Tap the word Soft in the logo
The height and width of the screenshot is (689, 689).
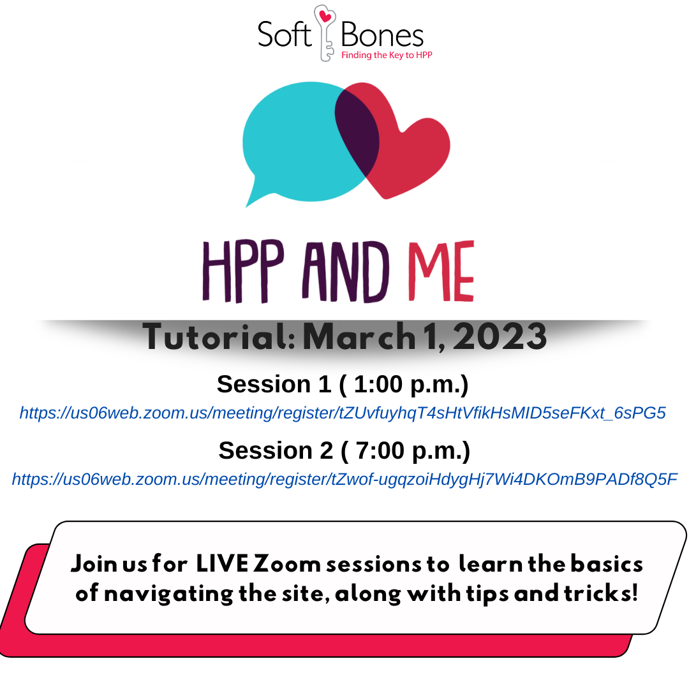284,34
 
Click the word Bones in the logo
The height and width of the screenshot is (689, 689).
382,34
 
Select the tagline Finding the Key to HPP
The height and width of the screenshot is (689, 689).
387,56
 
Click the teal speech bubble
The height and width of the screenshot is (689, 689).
293,137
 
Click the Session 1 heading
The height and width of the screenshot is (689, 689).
343,384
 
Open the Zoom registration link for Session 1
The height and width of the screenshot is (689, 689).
343,413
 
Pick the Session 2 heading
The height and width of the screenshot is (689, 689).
344,450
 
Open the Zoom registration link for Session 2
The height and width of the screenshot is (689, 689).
344,479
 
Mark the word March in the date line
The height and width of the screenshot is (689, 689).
359,337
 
